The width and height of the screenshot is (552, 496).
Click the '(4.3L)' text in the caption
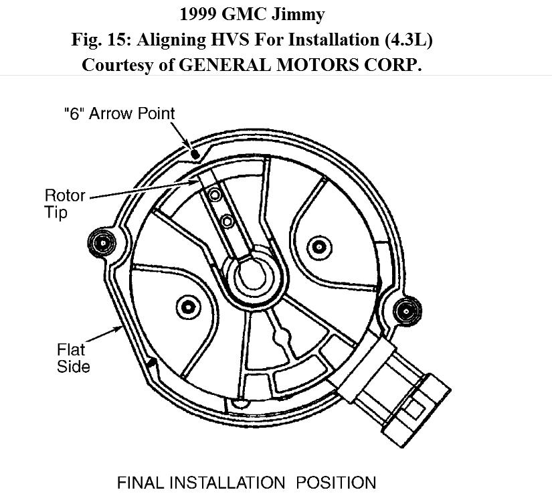(408, 39)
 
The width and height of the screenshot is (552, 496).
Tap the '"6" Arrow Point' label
(119, 114)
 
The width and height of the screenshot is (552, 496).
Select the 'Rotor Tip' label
(65, 204)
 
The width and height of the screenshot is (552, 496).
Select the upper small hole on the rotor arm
(214, 195)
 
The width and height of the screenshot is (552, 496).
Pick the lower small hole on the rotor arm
(227, 221)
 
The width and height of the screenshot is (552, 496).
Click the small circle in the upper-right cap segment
(320, 247)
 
